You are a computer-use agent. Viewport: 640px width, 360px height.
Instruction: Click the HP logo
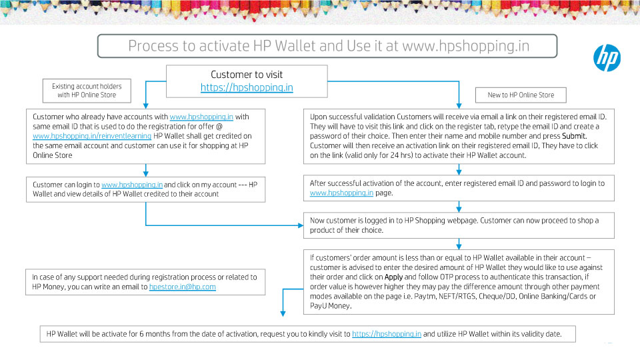[x=607, y=58]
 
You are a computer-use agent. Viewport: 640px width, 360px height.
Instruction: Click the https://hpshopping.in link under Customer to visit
[x=247, y=87]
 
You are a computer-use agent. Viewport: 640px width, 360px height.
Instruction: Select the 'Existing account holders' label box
[x=87, y=91]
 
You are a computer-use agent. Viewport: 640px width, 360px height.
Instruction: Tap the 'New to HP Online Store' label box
[x=521, y=95]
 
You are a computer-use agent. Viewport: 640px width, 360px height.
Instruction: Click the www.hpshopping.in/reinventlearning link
[x=92, y=136]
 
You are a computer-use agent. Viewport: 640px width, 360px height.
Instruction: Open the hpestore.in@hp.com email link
[x=183, y=287]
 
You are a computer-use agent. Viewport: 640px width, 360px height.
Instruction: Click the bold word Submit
[x=574, y=136]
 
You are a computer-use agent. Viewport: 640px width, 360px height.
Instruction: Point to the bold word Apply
[x=393, y=277]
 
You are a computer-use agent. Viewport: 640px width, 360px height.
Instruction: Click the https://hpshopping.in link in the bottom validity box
[x=387, y=334]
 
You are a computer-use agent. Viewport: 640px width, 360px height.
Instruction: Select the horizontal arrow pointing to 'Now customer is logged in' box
[x=225, y=225]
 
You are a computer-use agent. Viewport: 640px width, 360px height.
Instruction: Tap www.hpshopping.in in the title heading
[x=466, y=46]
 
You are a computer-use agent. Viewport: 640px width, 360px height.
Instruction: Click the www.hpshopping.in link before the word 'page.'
[x=341, y=193]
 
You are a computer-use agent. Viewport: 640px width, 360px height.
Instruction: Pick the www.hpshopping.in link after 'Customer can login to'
[x=132, y=185]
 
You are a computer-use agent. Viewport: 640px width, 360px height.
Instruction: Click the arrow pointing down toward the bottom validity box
[x=283, y=302]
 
